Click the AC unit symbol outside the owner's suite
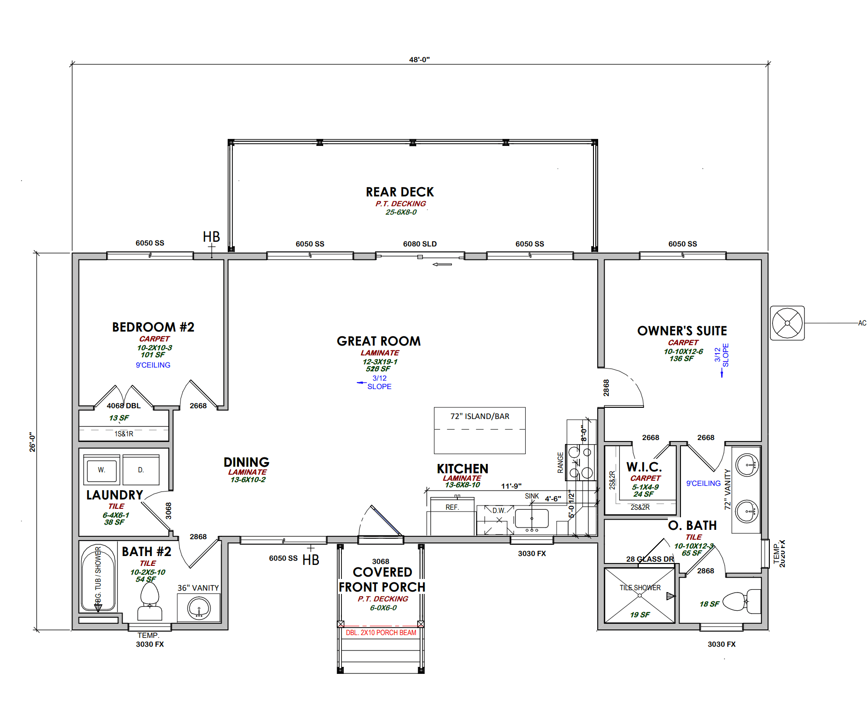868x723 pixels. tap(787, 323)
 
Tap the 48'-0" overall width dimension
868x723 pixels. tap(419, 60)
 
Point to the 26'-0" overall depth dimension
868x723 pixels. tap(32, 441)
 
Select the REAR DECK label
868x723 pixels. tap(400, 192)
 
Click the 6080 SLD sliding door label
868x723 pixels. tap(420, 244)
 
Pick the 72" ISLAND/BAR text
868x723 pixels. tap(480, 416)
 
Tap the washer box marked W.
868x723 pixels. tap(101, 470)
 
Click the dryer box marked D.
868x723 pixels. tap(141, 470)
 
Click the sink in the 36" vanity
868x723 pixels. tap(199, 608)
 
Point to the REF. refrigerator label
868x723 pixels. tap(452, 507)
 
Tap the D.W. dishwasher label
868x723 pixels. tap(499, 511)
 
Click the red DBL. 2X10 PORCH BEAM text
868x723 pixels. tap(381, 633)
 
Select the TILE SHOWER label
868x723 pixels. tap(640, 588)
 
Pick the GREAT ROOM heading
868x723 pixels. tap(379, 341)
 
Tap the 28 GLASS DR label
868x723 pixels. tap(650, 559)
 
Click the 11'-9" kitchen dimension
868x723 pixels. tap(511, 486)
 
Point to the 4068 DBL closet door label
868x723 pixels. tap(123, 406)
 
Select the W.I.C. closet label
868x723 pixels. tap(644, 467)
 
